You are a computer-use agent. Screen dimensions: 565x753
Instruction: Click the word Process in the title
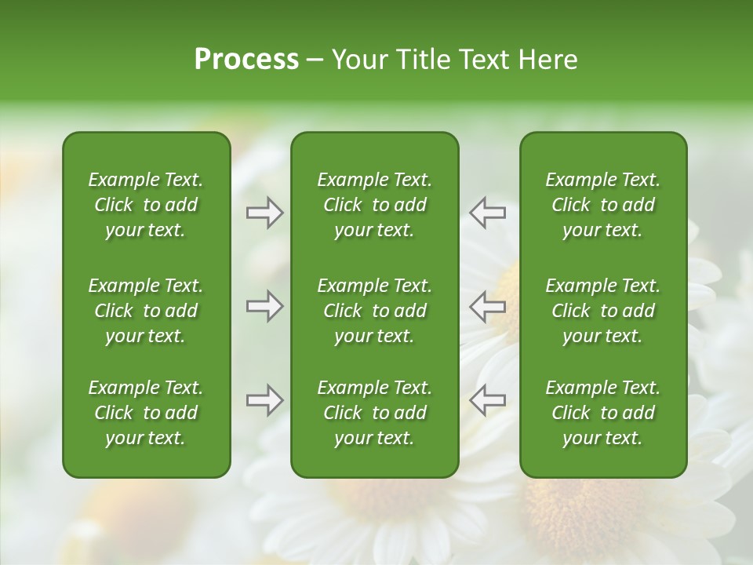tap(246, 60)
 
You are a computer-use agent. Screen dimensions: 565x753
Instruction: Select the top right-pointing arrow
tap(264, 212)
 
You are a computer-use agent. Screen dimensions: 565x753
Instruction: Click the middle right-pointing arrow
tap(264, 306)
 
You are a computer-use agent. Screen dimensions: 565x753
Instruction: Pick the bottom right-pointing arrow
tap(264, 400)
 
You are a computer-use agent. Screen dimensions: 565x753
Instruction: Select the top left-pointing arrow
tap(487, 212)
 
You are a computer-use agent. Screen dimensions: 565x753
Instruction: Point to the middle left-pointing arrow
tap(487, 306)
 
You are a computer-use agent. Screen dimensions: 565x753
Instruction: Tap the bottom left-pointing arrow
tap(487, 400)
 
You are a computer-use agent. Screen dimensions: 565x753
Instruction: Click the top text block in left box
tap(146, 205)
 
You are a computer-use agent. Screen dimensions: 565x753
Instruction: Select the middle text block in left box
tap(146, 311)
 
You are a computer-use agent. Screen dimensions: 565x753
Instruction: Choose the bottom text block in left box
tap(146, 413)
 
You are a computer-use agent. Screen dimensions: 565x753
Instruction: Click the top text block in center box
tap(375, 205)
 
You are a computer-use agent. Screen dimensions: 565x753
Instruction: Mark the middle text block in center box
tap(375, 311)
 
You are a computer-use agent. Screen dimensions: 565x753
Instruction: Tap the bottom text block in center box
tap(375, 413)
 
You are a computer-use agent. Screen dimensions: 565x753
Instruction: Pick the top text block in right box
tap(603, 205)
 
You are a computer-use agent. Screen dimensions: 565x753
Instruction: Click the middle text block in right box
tap(603, 311)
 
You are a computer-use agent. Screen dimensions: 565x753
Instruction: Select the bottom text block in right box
tap(603, 413)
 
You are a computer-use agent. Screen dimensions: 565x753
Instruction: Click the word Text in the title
tap(483, 60)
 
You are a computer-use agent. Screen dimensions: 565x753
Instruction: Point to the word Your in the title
tap(357, 60)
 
